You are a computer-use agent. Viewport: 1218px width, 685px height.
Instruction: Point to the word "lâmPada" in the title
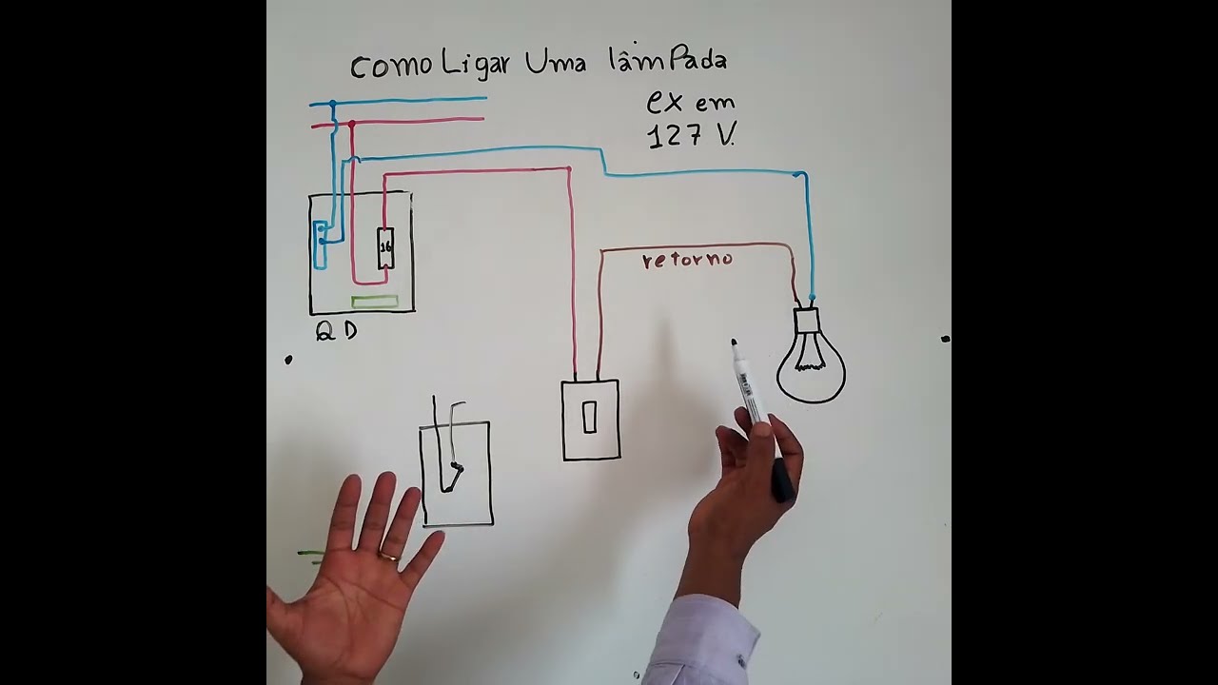pos(667,62)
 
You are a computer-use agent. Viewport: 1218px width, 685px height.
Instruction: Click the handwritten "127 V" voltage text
pos(691,135)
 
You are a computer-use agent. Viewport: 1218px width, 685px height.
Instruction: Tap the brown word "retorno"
pos(687,259)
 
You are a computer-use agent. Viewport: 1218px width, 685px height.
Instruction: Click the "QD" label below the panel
pos(337,331)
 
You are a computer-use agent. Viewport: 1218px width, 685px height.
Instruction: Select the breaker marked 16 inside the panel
pos(385,247)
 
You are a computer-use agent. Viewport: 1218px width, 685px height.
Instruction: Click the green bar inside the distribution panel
pos(375,303)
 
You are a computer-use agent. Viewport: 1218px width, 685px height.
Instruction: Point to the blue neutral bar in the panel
pos(321,245)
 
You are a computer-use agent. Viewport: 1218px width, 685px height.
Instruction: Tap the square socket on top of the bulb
pos(807,320)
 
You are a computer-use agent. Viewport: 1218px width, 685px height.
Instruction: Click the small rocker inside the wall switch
pos(590,417)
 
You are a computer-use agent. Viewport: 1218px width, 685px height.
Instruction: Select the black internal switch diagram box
pos(456,473)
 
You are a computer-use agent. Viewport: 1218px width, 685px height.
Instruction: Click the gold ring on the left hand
pos(390,555)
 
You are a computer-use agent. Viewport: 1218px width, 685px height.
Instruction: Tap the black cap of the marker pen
pos(781,480)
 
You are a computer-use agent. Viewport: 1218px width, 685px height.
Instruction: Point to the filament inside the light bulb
pos(810,354)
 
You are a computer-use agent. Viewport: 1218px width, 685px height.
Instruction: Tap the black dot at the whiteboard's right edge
pos(945,338)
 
